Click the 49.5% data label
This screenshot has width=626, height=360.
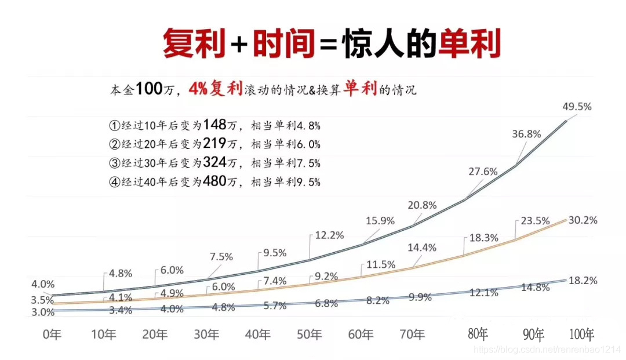tap(577, 107)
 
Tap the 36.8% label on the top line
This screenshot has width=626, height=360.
tap(526, 134)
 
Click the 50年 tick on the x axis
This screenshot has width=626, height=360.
tap(310, 334)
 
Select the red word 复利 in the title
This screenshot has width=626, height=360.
tap(194, 43)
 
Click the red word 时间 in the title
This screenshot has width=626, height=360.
tap(283, 43)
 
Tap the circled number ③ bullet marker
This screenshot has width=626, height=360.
tap(114, 163)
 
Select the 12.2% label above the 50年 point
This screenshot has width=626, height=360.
tap(330, 235)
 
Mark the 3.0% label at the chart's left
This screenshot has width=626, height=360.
tap(43, 312)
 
